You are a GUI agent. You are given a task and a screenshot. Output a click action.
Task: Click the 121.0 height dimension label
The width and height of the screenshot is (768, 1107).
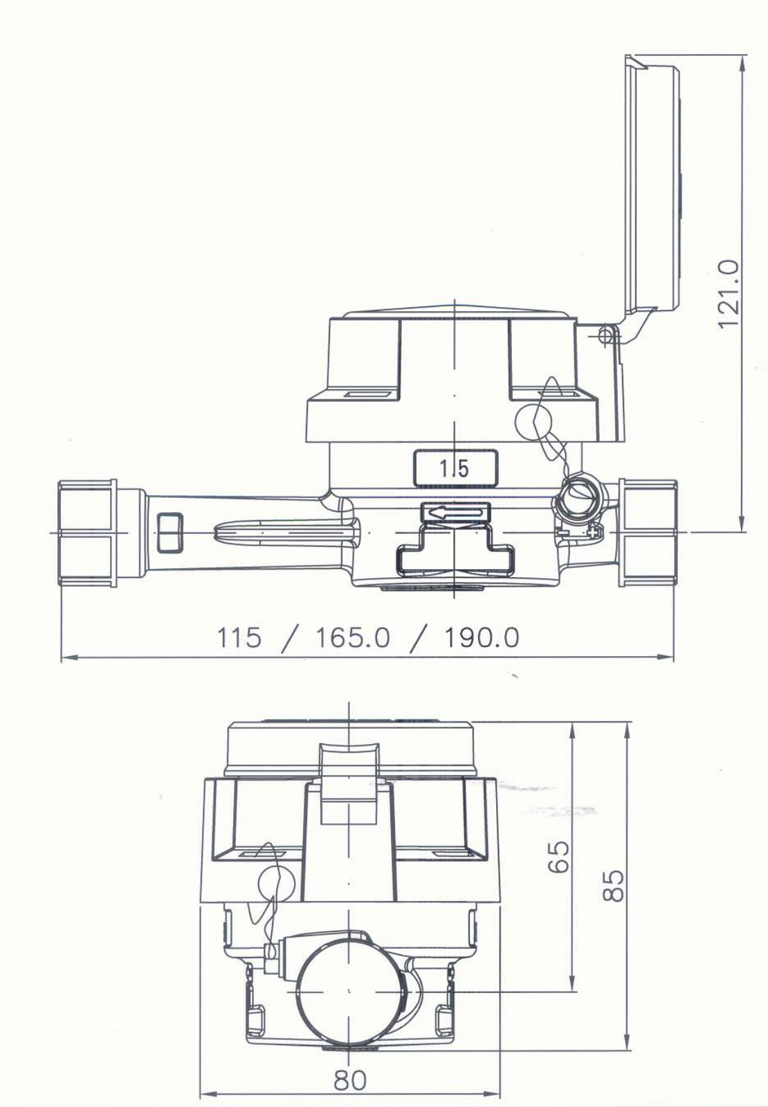point(728,294)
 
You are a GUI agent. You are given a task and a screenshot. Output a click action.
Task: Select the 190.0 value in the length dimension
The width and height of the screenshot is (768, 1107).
point(482,638)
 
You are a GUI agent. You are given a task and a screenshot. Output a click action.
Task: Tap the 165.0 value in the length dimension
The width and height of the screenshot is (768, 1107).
point(353,638)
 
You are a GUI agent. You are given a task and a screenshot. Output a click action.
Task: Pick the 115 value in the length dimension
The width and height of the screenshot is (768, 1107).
point(239,638)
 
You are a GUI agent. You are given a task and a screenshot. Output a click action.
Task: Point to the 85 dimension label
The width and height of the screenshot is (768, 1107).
point(614,885)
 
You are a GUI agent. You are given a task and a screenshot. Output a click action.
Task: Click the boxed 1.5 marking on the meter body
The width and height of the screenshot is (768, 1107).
point(455,467)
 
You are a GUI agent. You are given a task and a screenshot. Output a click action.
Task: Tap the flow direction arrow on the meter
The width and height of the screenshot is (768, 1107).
point(455,514)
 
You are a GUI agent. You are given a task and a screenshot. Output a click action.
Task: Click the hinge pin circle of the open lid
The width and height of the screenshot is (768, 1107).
point(605,335)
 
